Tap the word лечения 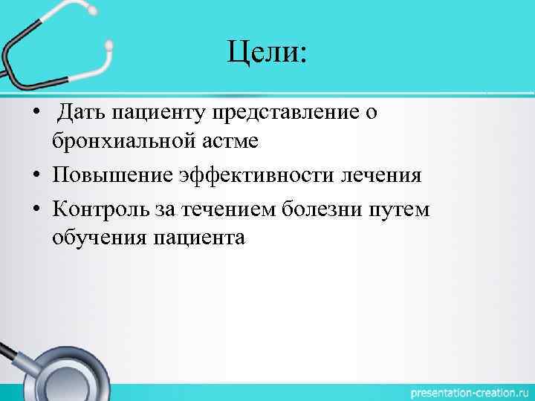380,175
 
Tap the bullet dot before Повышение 36,176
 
